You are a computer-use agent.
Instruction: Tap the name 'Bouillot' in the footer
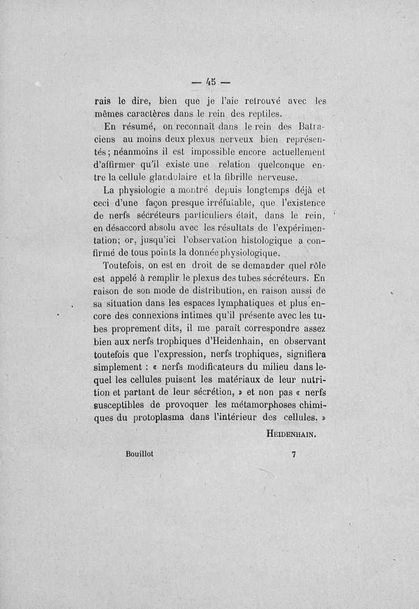140,455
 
